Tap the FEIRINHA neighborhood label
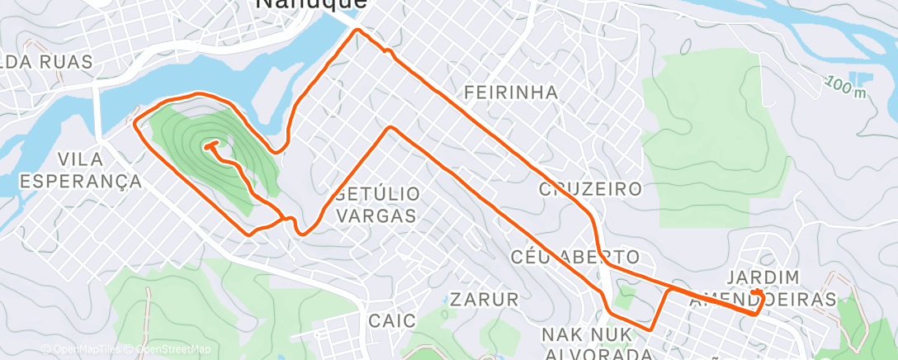click(511, 92)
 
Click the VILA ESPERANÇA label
click(82, 170)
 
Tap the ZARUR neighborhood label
click(484, 299)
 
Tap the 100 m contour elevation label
click(847, 84)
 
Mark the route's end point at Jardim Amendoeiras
click(756, 291)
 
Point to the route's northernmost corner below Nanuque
click(357, 30)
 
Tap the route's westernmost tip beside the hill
click(135, 123)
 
